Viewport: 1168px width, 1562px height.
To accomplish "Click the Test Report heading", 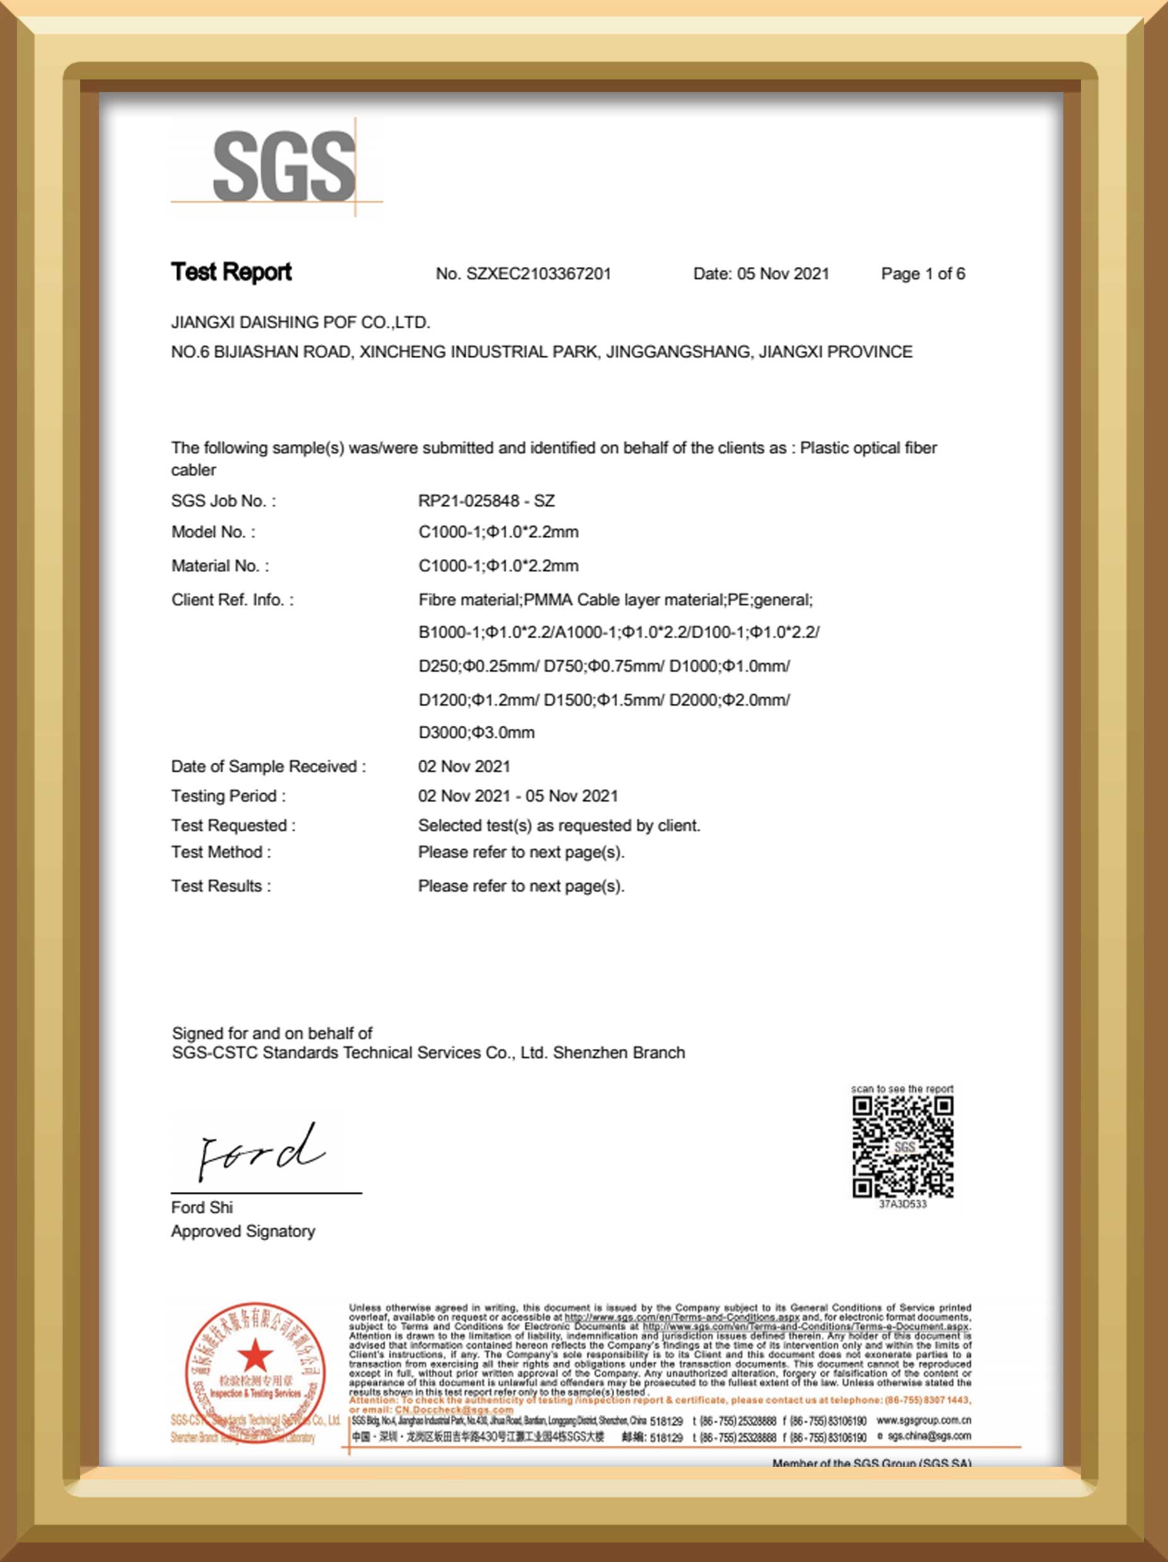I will (231, 272).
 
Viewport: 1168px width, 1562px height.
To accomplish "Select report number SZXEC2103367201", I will (538, 274).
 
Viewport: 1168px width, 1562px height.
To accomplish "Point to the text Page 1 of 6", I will (922, 274).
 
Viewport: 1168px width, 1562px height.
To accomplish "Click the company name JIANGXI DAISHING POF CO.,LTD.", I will (300, 323).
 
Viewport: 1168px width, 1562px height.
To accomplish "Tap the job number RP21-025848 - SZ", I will (486, 501).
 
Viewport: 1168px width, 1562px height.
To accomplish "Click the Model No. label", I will (213, 532).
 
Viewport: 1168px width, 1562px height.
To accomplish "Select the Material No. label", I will (219, 566).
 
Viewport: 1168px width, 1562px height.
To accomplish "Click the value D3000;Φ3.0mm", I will (476, 732).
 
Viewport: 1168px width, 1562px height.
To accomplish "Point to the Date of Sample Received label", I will (269, 766).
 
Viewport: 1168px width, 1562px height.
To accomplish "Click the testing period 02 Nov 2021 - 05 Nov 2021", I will (518, 796).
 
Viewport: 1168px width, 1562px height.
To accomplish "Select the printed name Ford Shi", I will (201, 1207).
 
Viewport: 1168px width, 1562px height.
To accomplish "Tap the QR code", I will (902, 1147).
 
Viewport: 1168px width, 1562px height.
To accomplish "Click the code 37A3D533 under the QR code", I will (902, 1204).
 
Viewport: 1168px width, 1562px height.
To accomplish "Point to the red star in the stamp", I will (254, 1356).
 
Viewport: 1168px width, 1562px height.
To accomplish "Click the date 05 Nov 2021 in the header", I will (783, 274).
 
